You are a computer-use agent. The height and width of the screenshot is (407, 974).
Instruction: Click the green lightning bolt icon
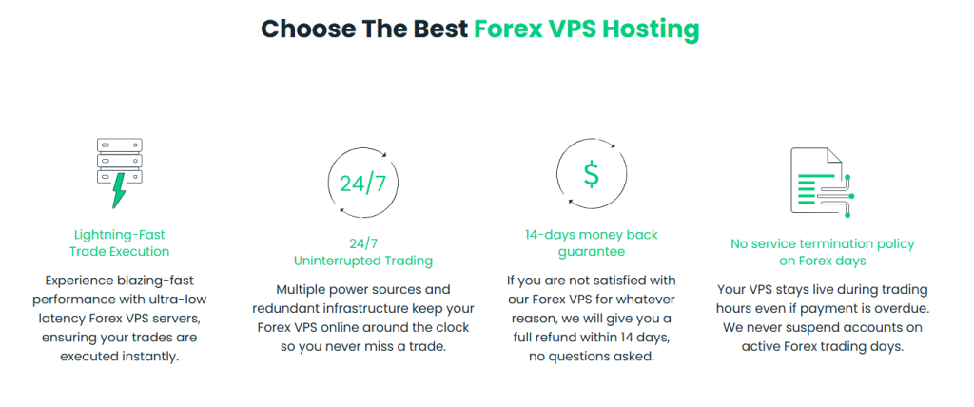(x=119, y=191)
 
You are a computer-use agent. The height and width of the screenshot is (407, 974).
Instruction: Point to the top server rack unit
(x=120, y=145)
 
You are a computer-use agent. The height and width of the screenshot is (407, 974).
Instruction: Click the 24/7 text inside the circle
(x=362, y=184)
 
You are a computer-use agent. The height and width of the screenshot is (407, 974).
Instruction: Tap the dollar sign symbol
(x=592, y=174)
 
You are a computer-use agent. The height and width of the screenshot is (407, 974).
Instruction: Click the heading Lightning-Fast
(x=120, y=235)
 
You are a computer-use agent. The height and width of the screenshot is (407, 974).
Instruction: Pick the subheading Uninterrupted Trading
(x=363, y=261)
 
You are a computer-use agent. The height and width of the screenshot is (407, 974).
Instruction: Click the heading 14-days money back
(x=592, y=235)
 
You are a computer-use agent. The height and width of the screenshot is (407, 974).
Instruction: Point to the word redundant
(x=283, y=308)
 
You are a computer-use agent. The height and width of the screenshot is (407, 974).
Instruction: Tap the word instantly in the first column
(x=152, y=358)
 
